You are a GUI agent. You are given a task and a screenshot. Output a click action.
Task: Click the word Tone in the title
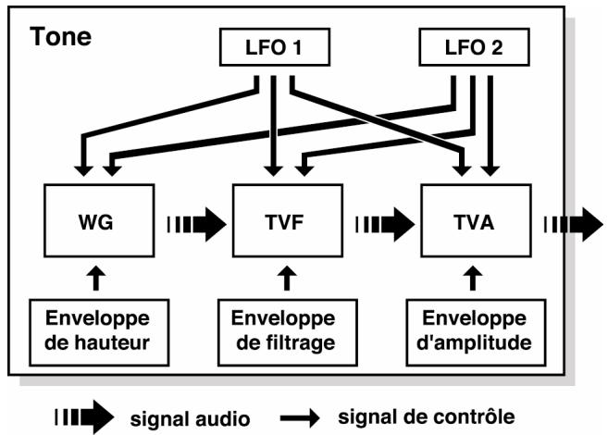(60, 37)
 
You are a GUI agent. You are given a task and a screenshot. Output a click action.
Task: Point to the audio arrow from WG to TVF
(196, 225)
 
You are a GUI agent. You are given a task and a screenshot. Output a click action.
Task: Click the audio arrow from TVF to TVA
(385, 225)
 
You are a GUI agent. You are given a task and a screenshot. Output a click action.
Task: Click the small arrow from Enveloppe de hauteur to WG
(96, 278)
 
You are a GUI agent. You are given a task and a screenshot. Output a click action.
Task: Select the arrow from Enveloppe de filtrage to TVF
(287, 278)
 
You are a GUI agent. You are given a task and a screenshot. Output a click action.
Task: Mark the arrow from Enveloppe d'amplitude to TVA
(473, 278)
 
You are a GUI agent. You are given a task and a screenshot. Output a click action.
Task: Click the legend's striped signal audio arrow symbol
(84, 417)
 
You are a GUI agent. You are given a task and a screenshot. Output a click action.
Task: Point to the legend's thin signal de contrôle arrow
(300, 418)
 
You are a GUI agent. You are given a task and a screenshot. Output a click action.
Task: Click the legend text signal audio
(190, 419)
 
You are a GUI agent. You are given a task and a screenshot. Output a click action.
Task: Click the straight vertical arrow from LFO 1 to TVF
(273, 126)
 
